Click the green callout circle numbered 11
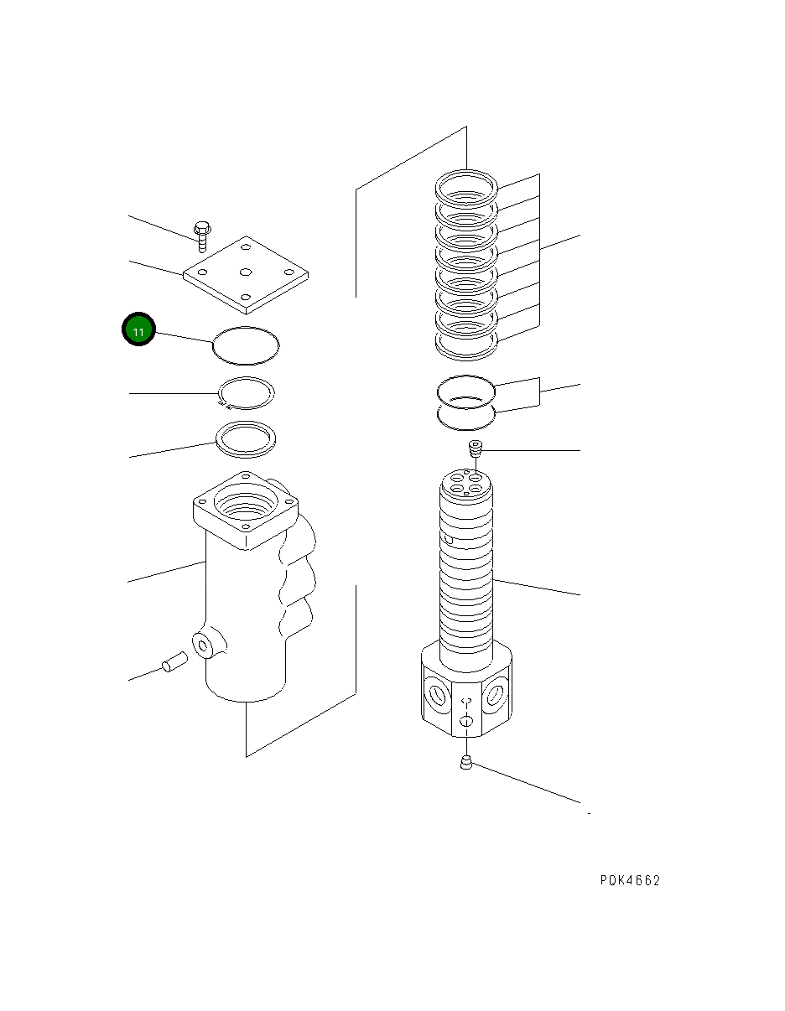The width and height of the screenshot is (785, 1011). (x=139, y=331)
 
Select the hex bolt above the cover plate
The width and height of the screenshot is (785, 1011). (x=202, y=234)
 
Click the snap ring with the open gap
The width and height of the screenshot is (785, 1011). (x=246, y=392)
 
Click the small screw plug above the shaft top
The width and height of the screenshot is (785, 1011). (x=476, y=449)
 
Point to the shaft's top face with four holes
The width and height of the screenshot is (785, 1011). (x=467, y=485)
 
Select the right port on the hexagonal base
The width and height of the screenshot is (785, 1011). (x=495, y=695)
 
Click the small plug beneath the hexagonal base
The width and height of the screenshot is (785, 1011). (x=466, y=762)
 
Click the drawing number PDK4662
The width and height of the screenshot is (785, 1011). (x=629, y=880)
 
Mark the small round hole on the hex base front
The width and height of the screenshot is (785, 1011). (x=467, y=722)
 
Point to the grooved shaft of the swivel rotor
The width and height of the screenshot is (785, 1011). (x=467, y=578)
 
